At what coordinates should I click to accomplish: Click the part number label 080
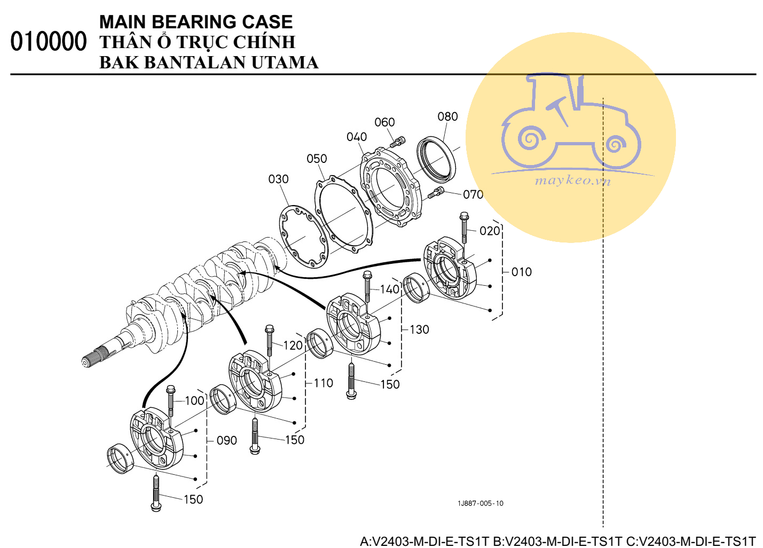click(x=447, y=116)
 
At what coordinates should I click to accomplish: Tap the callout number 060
click(x=384, y=122)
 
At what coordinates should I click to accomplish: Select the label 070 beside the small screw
click(x=473, y=194)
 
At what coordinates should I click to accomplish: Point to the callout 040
click(x=357, y=137)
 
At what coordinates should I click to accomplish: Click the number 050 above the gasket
click(x=317, y=159)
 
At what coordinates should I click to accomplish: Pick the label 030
click(x=278, y=179)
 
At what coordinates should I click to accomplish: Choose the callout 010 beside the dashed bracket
click(x=521, y=272)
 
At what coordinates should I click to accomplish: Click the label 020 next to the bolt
click(x=490, y=231)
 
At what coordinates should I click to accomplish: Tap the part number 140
click(x=390, y=289)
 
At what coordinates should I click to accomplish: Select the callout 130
click(x=419, y=330)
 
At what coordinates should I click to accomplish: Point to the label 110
click(x=323, y=383)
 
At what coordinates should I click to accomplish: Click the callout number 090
click(x=226, y=441)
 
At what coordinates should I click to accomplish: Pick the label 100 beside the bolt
click(x=194, y=401)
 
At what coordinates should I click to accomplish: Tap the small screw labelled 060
click(x=398, y=142)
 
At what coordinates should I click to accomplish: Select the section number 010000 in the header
click(x=48, y=42)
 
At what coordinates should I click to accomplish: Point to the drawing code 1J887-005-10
click(x=480, y=503)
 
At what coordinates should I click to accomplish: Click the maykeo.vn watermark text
click(x=572, y=180)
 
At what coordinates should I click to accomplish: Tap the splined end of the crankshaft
click(x=96, y=357)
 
